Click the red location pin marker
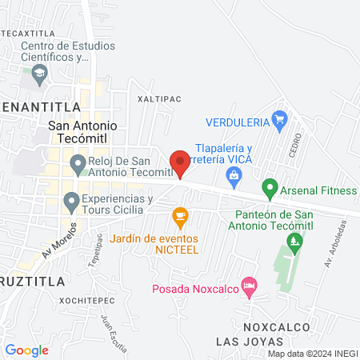(x=180, y=162)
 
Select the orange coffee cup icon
(x=180, y=214)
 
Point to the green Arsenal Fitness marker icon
(x=270, y=190)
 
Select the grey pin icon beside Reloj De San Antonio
(x=78, y=166)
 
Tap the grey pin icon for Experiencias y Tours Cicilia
(x=71, y=200)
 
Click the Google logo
(x=26, y=350)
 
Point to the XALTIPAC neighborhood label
(x=156, y=100)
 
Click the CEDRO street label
(x=297, y=145)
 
